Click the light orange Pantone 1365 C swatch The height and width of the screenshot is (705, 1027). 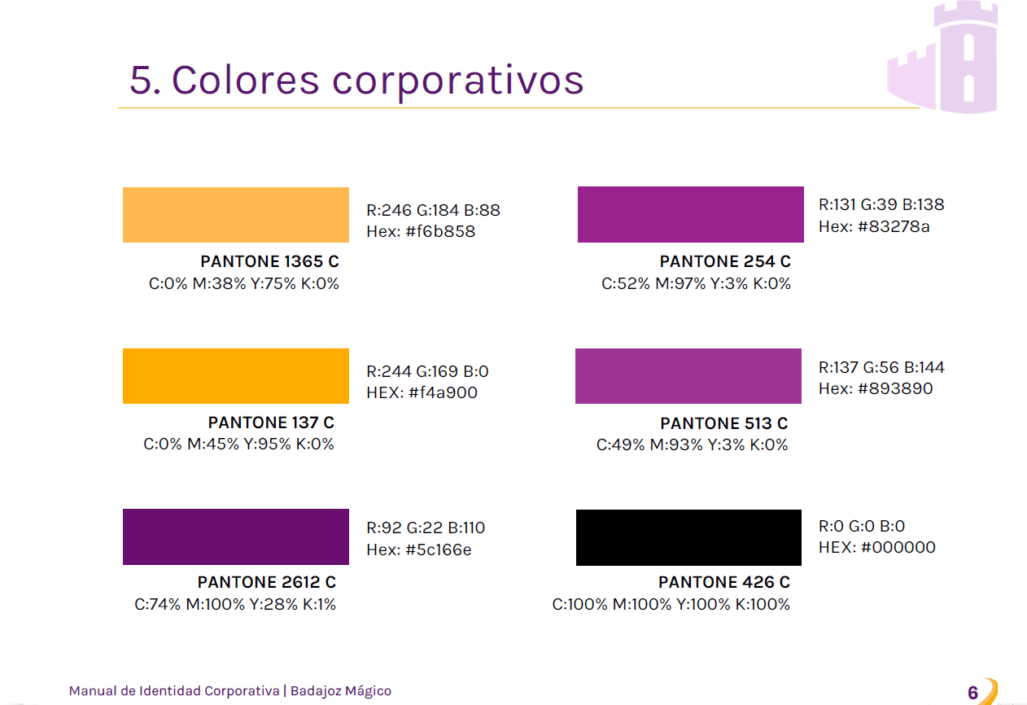236,215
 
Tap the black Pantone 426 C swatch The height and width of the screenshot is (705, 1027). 688,537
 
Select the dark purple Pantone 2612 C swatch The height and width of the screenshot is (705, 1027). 236,536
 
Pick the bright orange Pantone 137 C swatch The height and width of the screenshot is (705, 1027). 236,376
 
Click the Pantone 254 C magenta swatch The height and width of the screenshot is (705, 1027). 690,214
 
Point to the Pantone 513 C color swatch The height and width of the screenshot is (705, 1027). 688,376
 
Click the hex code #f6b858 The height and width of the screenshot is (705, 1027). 440,232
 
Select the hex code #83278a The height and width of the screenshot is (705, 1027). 894,226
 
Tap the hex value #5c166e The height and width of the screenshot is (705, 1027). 439,550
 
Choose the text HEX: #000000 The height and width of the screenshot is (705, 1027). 877,547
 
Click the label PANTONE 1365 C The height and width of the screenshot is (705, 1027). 269,261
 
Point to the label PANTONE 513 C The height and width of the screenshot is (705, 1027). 724,423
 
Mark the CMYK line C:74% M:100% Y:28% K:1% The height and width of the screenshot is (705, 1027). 235,604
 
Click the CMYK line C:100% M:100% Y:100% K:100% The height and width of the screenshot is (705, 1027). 671,604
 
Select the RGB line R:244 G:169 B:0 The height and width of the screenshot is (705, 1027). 427,371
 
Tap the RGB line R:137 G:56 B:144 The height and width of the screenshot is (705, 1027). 881,367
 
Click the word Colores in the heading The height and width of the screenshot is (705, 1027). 245,81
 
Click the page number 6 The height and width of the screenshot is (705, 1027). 972,692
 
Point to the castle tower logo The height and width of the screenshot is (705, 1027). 942,56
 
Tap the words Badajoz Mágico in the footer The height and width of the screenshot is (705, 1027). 341,691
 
